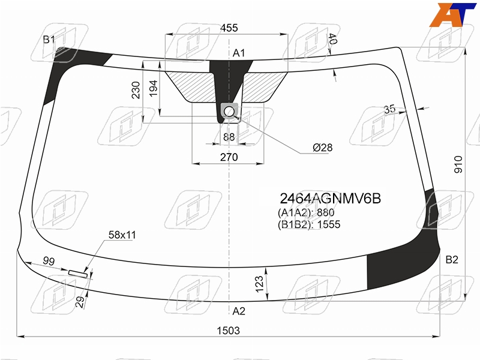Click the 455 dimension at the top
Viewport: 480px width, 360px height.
point(229,28)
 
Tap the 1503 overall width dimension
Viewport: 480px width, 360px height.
point(229,331)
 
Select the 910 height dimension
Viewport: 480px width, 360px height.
point(458,164)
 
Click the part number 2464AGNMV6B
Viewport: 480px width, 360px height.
point(331,199)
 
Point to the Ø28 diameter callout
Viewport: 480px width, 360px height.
point(323,148)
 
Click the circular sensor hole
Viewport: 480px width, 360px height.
point(229,112)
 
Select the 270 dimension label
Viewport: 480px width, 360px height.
point(229,157)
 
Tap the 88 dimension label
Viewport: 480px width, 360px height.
point(229,137)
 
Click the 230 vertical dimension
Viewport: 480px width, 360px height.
point(136,90)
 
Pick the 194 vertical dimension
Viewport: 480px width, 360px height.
point(153,88)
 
